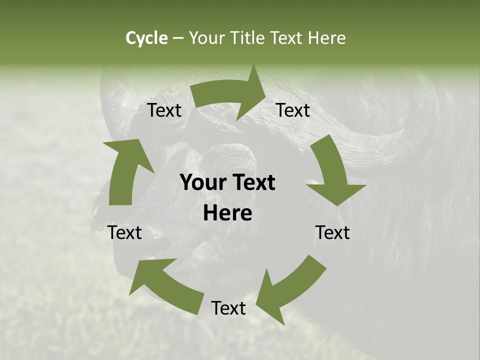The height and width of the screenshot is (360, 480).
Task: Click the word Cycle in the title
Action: click(x=146, y=38)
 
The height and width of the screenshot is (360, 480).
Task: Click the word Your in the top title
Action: click(x=208, y=38)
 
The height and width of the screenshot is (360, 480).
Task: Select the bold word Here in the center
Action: click(x=227, y=213)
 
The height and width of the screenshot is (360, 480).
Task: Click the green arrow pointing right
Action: click(x=230, y=95)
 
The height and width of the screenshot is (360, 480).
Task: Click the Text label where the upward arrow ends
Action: click(x=164, y=110)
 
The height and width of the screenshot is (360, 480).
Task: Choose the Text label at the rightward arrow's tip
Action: click(x=293, y=110)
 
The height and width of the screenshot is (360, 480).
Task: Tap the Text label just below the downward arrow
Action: click(x=332, y=232)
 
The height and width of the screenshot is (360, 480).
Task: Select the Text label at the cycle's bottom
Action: click(x=228, y=308)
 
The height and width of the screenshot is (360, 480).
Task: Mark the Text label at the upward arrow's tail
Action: click(x=125, y=232)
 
